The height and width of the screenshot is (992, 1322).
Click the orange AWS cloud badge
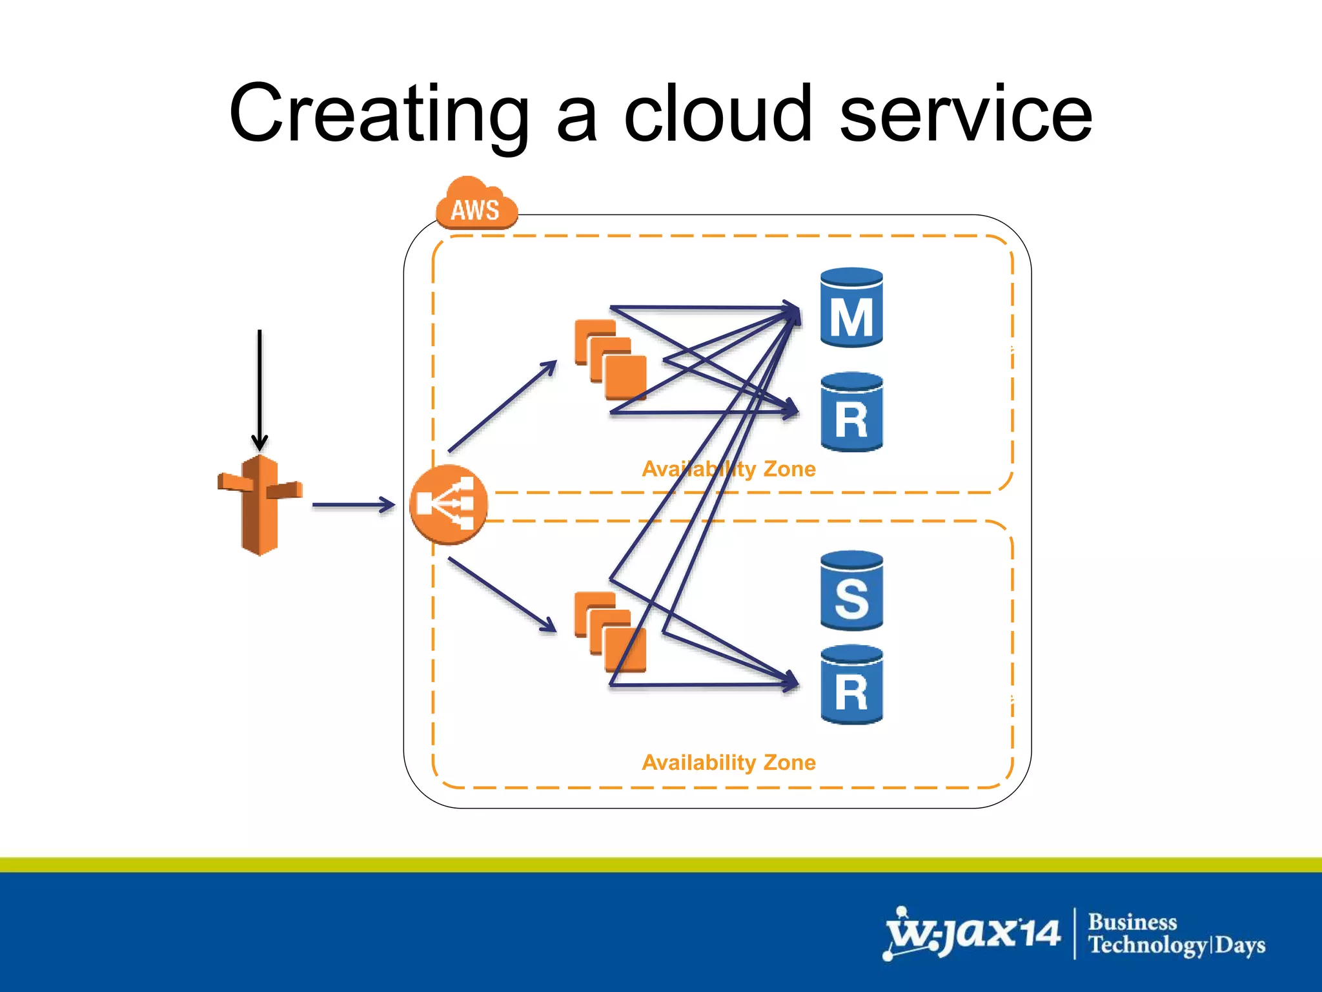click(x=476, y=205)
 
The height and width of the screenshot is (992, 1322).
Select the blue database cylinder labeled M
click(x=851, y=309)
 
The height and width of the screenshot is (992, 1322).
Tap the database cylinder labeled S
click(x=851, y=591)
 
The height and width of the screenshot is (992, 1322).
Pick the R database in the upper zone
click(x=851, y=412)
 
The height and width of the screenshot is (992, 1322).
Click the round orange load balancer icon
click(x=448, y=504)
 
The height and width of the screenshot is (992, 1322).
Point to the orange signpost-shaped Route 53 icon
click(x=260, y=504)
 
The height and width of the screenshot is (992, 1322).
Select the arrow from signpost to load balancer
click(x=353, y=505)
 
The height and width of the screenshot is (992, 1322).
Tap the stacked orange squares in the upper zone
click(x=611, y=360)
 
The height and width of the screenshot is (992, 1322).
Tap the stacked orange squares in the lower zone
click(x=611, y=632)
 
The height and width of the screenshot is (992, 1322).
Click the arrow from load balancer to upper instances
click(x=502, y=406)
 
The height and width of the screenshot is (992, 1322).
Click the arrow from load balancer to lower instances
click(x=502, y=595)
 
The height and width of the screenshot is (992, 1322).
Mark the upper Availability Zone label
click(x=729, y=469)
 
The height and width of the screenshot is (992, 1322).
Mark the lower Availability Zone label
click(x=729, y=763)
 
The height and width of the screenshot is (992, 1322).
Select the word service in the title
click(x=966, y=114)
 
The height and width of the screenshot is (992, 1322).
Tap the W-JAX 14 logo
click(x=972, y=934)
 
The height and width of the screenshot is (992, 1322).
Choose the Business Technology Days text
click(x=1176, y=934)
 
